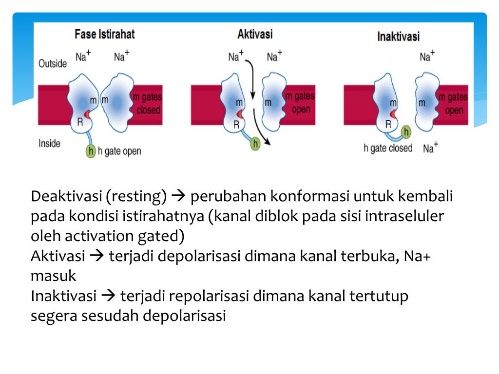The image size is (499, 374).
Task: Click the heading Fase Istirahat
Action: [x=104, y=35]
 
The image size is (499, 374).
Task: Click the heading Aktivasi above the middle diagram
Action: [x=255, y=34]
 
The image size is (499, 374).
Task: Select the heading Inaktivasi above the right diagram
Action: [x=399, y=37]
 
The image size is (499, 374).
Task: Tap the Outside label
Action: [x=52, y=64]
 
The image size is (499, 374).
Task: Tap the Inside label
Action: [x=49, y=143]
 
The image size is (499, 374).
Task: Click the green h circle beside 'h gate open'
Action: [x=90, y=151]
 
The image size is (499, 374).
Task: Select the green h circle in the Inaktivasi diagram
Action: [x=406, y=132]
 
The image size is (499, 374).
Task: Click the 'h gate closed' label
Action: [x=388, y=148]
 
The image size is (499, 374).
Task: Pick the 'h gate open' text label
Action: [x=119, y=151]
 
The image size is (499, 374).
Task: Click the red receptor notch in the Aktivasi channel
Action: [x=240, y=114]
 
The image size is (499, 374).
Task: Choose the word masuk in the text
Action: [x=53, y=276]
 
